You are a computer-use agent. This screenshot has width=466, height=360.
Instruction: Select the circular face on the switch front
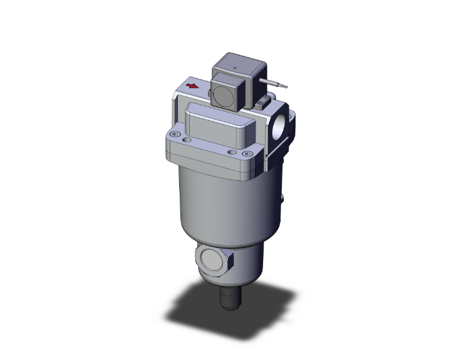tap(222, 93)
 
